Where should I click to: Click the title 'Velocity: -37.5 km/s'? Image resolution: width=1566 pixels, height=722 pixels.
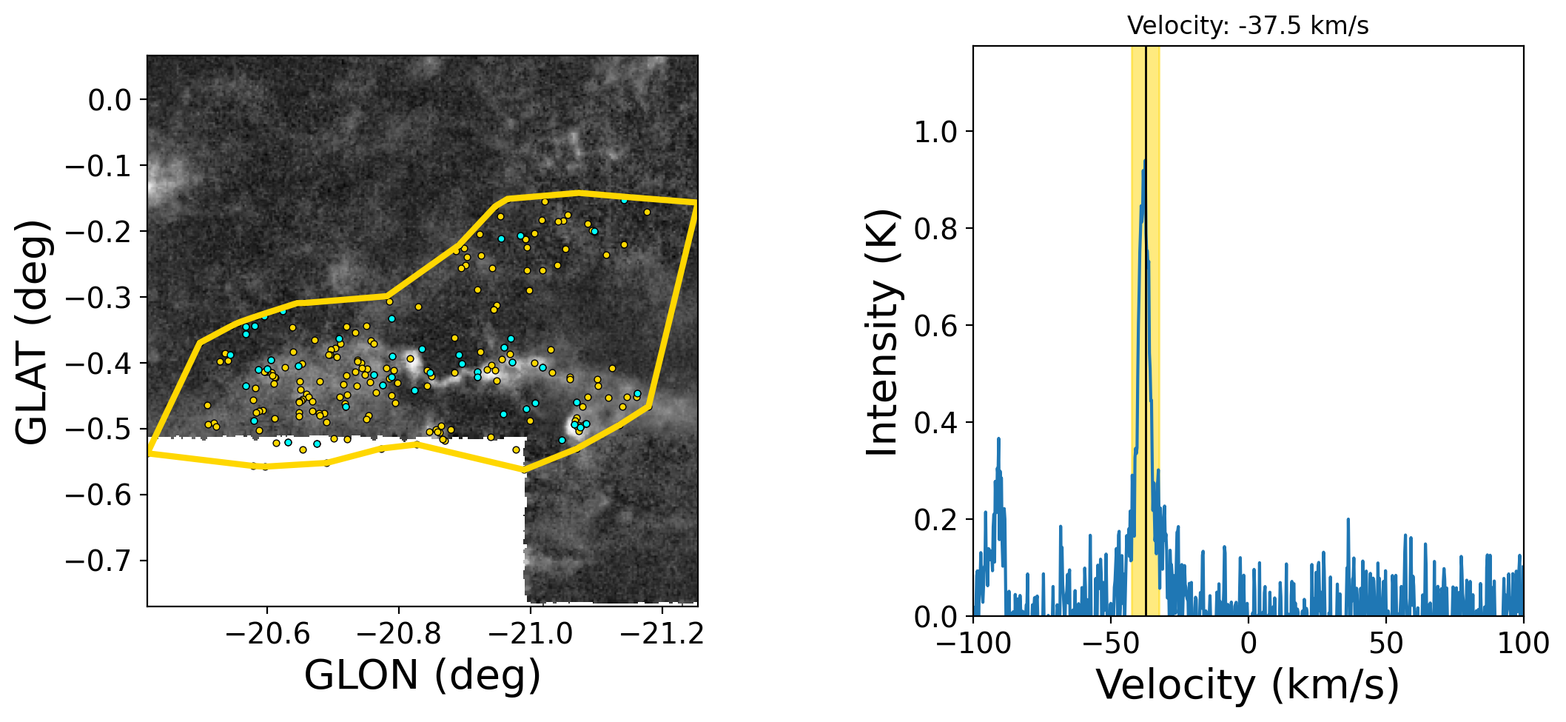[1248, 26]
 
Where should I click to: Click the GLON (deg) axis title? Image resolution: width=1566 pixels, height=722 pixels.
[422, 675]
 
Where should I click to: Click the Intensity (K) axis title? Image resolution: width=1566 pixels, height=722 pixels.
[882, 332]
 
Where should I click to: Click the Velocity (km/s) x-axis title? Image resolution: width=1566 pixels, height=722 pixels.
[1248, 685]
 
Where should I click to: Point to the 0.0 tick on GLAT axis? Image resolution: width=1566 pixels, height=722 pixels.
[110, 100]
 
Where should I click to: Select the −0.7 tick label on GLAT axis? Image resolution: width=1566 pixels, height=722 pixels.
[99, 561]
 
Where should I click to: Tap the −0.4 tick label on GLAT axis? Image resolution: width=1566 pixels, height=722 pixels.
[99, 364]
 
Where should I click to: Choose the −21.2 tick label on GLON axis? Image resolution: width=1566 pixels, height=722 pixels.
[662, 634]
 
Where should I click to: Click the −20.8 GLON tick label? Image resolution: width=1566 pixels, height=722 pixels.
[398, 634]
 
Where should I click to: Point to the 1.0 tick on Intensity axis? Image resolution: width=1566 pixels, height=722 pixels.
[935, 133]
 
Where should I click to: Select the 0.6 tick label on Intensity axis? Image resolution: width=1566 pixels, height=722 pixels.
[935, 326]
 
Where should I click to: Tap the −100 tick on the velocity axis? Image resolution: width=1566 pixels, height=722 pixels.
[974, 643]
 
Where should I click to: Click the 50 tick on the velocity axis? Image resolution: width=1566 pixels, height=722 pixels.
[1385, 643]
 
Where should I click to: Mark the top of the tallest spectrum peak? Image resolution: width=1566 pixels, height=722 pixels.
[1144, 161]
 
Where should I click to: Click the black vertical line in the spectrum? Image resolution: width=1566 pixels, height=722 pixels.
[1146, 370]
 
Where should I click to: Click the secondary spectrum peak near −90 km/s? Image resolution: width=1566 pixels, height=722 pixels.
[998, 439]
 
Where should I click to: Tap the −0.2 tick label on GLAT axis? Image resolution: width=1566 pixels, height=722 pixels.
[99, 232]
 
